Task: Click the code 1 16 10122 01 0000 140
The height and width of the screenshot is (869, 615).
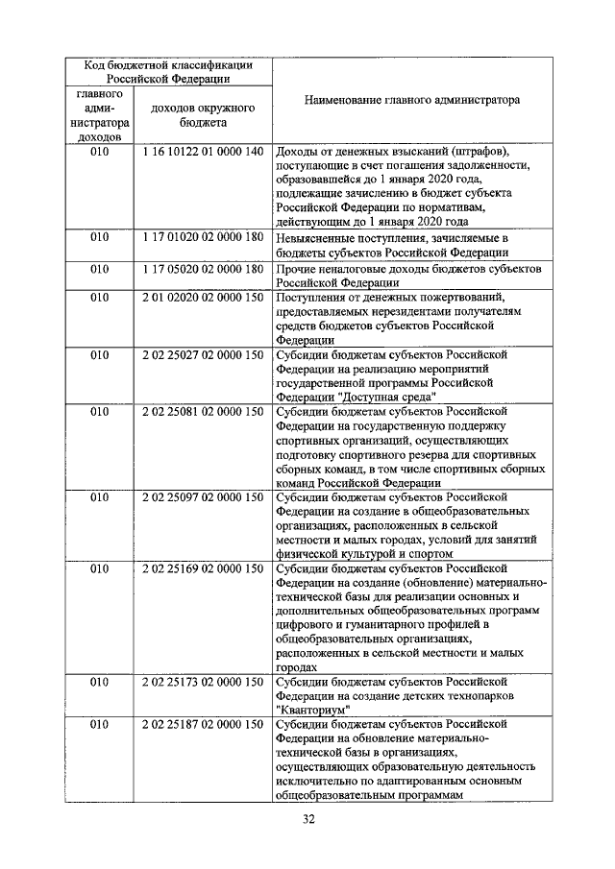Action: coord(202,153)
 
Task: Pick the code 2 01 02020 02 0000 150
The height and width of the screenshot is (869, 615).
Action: coord(202,298)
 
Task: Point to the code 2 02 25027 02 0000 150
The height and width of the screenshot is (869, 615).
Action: coord(202,354)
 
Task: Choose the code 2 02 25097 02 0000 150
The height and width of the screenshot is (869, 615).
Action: coord(202,496)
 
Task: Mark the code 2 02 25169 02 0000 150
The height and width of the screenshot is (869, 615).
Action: coord(202,568)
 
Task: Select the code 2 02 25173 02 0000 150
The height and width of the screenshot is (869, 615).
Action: coord(202,682)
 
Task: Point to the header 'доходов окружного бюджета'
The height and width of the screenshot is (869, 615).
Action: coord(202,116)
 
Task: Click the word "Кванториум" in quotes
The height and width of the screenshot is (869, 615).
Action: coord(311,710)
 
